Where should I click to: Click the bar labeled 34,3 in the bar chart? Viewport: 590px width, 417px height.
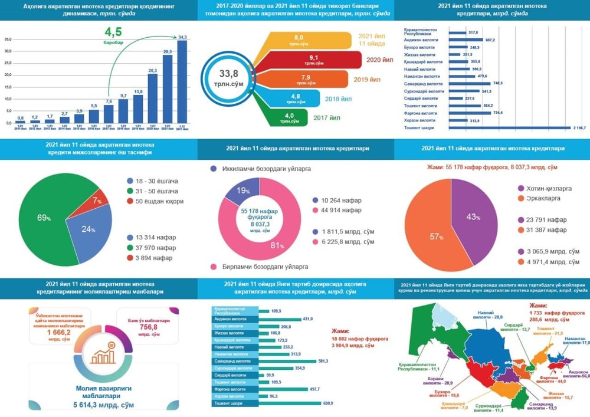(x=182, y=83)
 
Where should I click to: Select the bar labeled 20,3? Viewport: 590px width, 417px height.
(x=152, y=99)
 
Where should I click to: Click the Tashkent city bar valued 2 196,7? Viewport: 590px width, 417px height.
(x=510, y=127)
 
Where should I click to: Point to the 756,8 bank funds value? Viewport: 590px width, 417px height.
(x=147, y=327)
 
